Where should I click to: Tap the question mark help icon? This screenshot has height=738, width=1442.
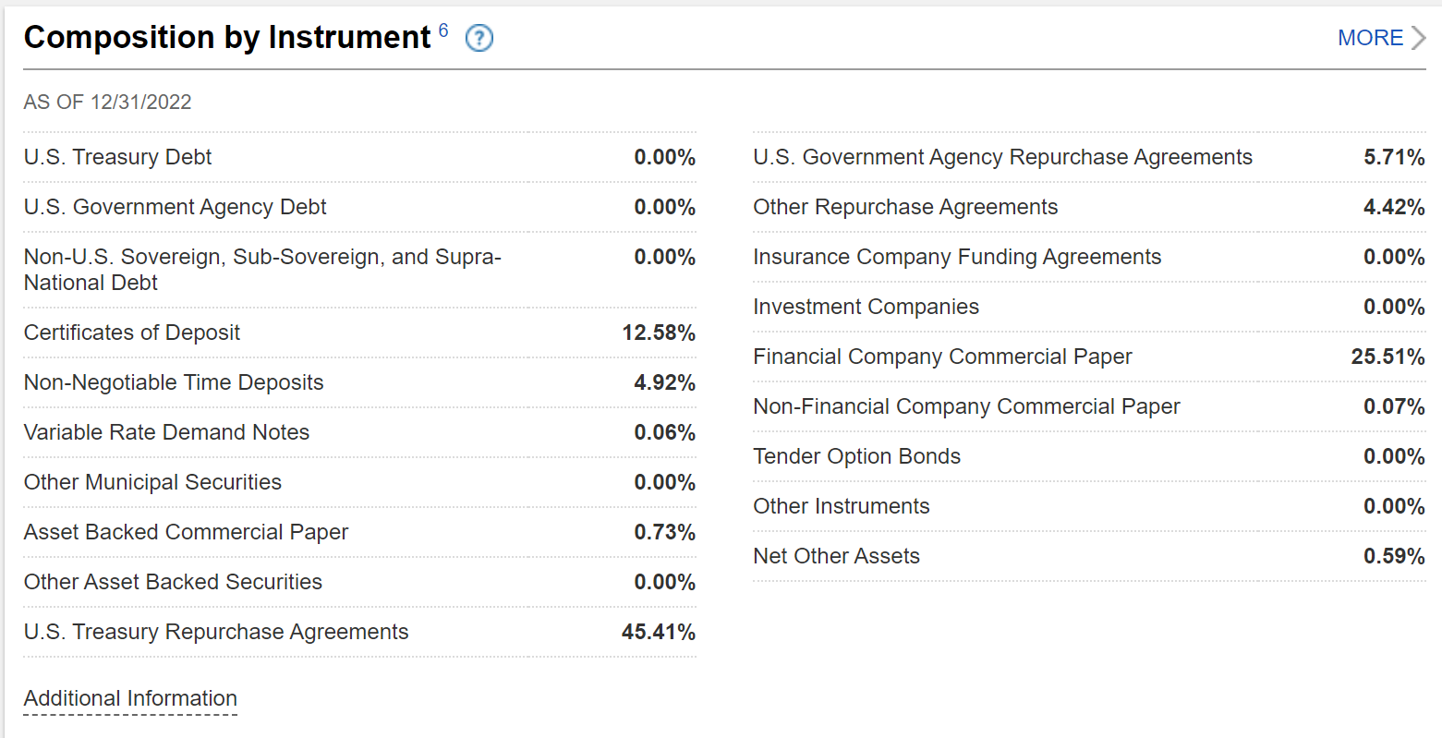(x=479, y=38)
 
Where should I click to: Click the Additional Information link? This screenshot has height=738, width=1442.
(x=130, y=698)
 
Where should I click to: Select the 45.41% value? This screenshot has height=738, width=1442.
(x=659, y=632)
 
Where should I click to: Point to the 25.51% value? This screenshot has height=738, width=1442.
(x=1387, y=357)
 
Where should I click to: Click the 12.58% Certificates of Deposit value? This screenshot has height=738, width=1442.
(x=659, y=333)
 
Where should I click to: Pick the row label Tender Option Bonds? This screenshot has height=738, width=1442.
(x=856, y=456)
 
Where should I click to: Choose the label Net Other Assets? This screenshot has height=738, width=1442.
(x=836, y=556)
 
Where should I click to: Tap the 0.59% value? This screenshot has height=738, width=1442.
(x=1394, y=556)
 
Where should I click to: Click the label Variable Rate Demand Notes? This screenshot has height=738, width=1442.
(x=166, y=432)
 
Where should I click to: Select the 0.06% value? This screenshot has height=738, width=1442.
(x=664, y=432)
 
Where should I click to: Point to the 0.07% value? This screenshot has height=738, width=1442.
(x=1394, y=406)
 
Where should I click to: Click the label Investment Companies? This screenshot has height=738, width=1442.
(x=866, y=307)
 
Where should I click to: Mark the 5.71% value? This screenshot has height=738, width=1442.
(x=1394, y=157)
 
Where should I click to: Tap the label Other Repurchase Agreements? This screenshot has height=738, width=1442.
(x=905, y=207)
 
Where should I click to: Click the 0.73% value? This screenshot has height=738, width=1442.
(x=664, y=532)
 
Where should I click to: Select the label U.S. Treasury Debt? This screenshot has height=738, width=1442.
(x=117, y=157)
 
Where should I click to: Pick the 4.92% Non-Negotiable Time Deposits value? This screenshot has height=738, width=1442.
(x=664, y=382)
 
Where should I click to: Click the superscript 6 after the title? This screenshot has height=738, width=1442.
(x=443, y=30)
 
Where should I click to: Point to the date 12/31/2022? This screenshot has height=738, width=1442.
(x=140, y=102)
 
